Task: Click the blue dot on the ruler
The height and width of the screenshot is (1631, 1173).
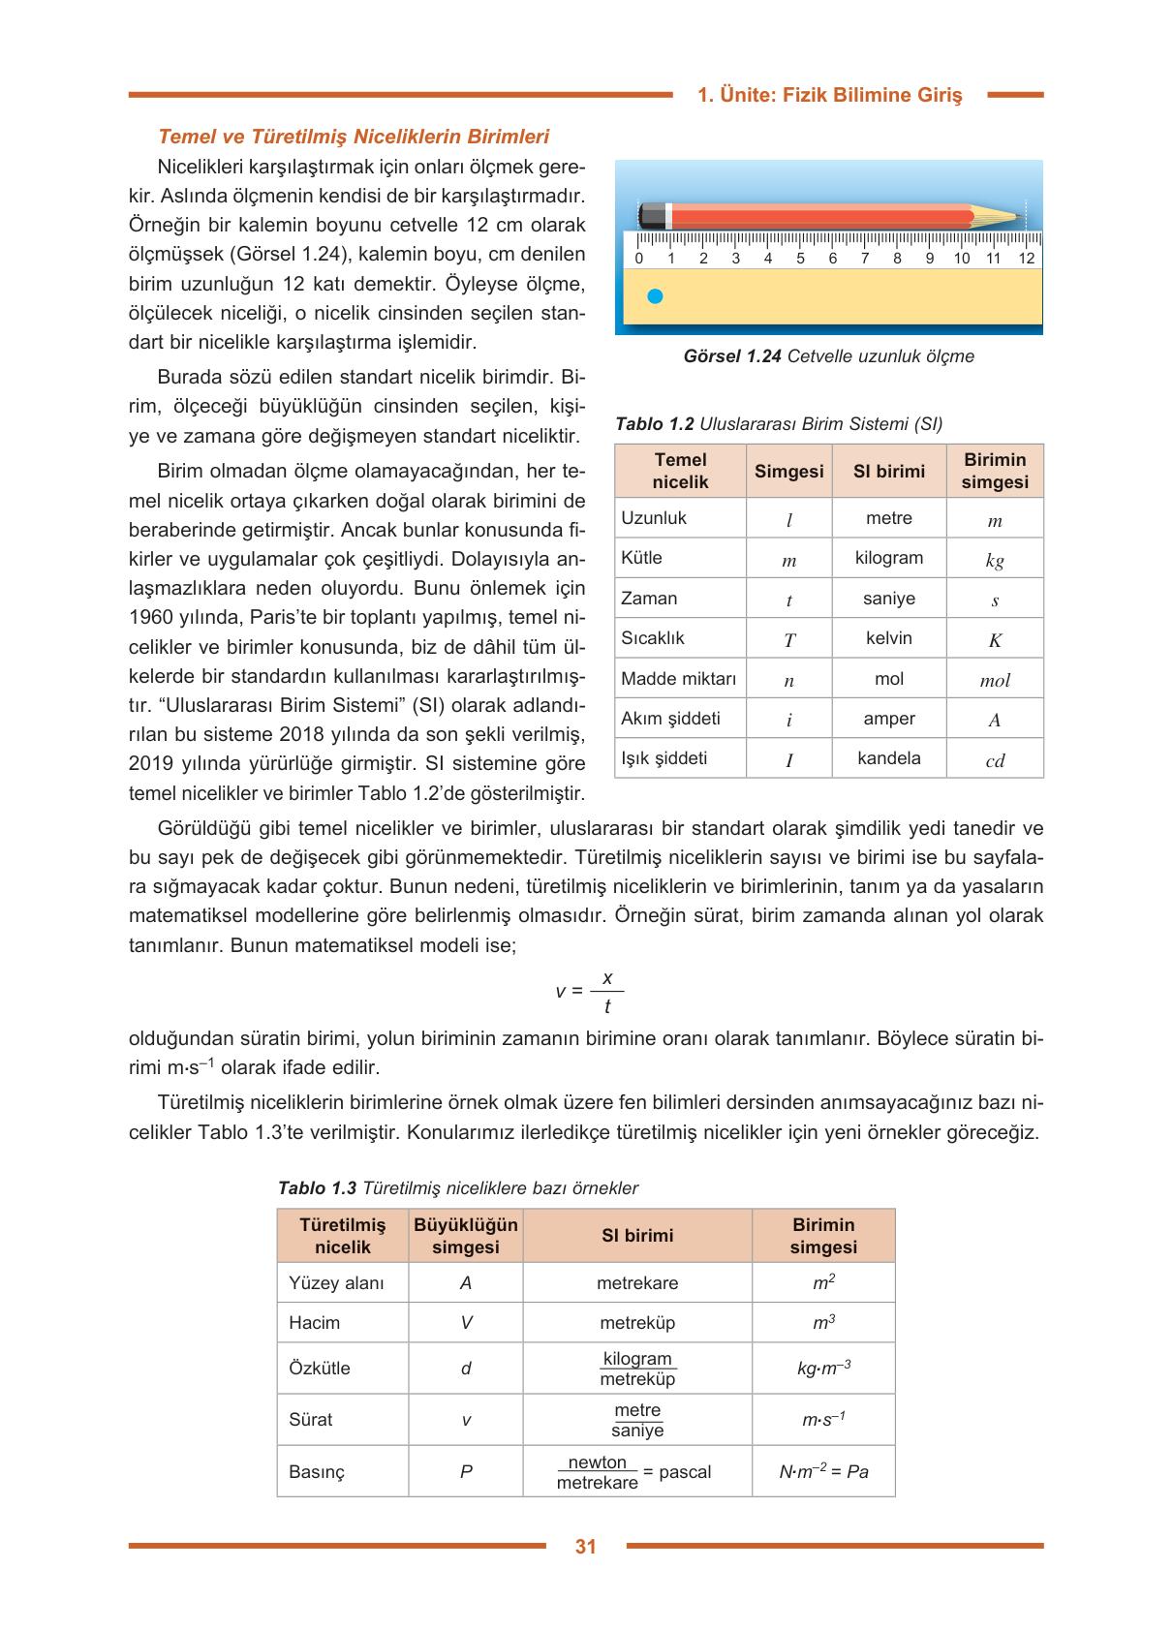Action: click(x=655, y=296)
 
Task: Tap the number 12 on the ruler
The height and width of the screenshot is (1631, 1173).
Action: click(x=1026, y=259)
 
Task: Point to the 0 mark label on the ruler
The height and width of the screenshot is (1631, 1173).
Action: click(x=638, y=259)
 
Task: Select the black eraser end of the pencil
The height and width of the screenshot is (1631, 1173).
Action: click(x=651, y=215)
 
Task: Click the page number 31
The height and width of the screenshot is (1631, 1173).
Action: click(x=585, y=1547)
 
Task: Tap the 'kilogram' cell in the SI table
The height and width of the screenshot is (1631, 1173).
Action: click(x=888, y=558)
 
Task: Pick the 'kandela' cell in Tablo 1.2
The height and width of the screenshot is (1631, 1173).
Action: click(x=888, y=758)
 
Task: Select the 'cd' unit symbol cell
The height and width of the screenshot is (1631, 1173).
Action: click(x=995, y=760)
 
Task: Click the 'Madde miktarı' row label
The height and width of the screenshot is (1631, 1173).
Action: click(x=678, y=679)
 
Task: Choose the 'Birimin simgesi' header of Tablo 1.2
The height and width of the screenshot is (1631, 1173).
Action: click(x=995, y=471)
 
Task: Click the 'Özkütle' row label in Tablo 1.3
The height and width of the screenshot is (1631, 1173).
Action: click(x=320, y=1369)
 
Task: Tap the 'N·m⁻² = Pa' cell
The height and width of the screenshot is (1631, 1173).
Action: click(x=823, y=1472)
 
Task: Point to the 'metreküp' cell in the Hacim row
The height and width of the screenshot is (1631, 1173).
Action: click(x=637, y=1323)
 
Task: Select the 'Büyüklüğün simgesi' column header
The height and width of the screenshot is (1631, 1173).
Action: click(x=466, y=1236)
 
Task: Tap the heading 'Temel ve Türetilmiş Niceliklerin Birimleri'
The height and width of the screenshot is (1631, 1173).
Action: click(x=354, y=137)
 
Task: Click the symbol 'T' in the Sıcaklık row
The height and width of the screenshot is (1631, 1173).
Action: click(x=788, y=640)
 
